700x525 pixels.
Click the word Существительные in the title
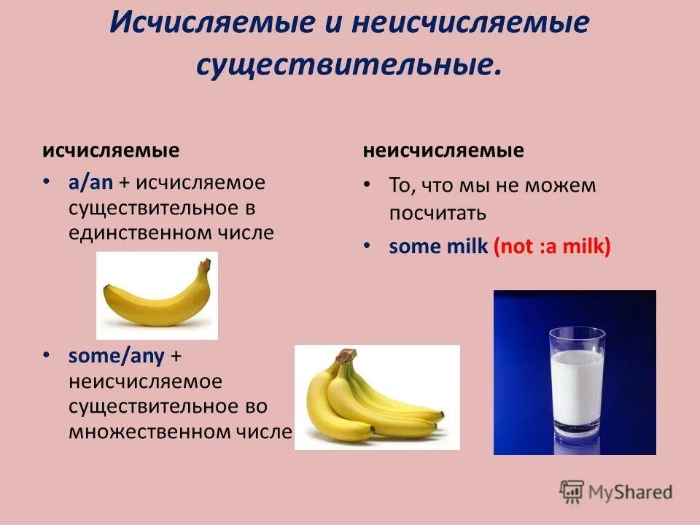(x=349, y=63)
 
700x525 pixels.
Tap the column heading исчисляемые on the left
(x=111, y=151)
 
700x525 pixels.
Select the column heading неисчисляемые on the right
(x=443, y=151)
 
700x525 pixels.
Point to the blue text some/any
(x=117, y=356)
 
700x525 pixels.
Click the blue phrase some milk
(x=437, y=246)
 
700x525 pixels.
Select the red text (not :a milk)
(x=552, y=246)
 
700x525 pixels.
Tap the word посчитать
(x=437, y=214)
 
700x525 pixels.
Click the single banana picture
(x=157, y=295)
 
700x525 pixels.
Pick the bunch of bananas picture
(x=376, y=397)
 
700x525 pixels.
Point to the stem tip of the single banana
(x=206, y=262)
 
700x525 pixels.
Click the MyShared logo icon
(x=572, y=491)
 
